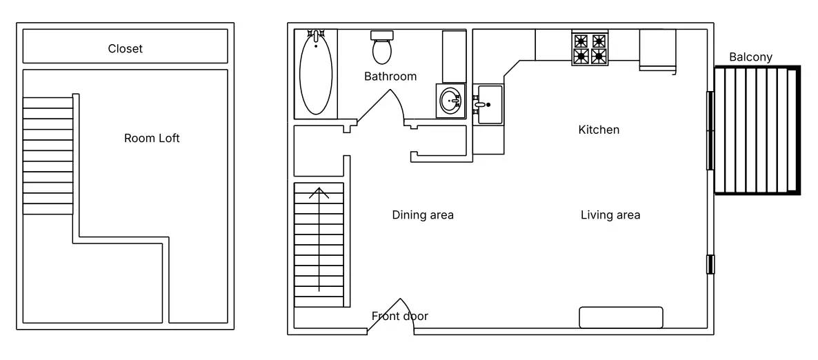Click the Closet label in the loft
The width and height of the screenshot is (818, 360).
coord(126,48)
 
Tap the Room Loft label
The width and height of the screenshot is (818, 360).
coord(152,138)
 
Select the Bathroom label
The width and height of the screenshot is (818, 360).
coord(390,76)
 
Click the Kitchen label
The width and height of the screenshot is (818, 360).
coord(599,130)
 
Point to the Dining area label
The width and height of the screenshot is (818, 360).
coord(423,215)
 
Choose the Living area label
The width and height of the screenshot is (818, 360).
coord(610,215)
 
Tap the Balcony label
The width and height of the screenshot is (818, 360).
coord(750,57)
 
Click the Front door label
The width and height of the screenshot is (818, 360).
coord(399,316)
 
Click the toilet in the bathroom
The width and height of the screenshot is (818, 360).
coord(382,47)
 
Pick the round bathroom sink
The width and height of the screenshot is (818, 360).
coord(450,100)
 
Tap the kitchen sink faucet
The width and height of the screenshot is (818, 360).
coord(481,104)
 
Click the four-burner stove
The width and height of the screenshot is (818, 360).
coord(590,48)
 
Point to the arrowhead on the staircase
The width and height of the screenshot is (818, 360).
coord(319,193)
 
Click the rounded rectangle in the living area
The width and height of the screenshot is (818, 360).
coord(621,317)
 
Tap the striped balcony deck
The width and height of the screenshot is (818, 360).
coord(757,130)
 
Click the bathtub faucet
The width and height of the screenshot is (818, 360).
coord(316,37)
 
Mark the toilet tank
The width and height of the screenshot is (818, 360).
coord(382,35)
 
